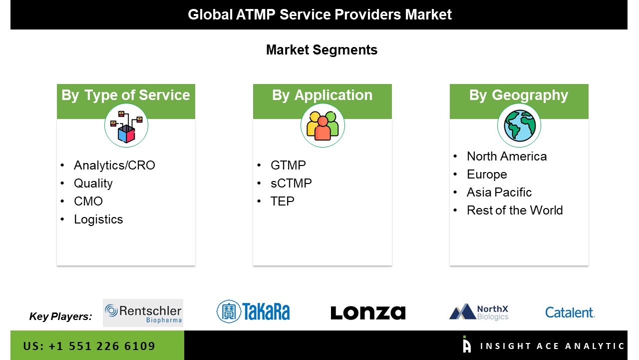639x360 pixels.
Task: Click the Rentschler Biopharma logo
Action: point(143,313)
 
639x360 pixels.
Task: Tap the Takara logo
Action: point(253,311)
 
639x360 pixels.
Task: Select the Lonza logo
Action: point(368,313)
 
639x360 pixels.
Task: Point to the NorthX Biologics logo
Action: point(479,312)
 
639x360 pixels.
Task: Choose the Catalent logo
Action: point(570,312)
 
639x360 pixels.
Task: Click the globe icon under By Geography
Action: point(520,125)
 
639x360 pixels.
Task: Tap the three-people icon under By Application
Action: point(322,125)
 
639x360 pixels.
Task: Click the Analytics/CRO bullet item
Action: point(114,165)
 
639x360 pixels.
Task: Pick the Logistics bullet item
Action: point(98,219)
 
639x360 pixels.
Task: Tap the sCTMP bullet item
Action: point(291,183)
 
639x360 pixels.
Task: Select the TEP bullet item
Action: point(282,201)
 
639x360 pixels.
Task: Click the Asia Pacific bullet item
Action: point(499,192)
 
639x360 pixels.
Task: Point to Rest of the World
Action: point(515,210)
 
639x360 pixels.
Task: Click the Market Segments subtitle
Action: point(322,50)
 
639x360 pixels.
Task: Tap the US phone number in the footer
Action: point(89,346)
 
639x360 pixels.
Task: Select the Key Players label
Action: point(60,316)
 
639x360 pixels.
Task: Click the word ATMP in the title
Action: point(256,14)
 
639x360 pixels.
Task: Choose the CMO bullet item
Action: point(88,201)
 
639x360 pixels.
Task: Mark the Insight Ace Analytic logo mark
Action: point(467,344)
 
